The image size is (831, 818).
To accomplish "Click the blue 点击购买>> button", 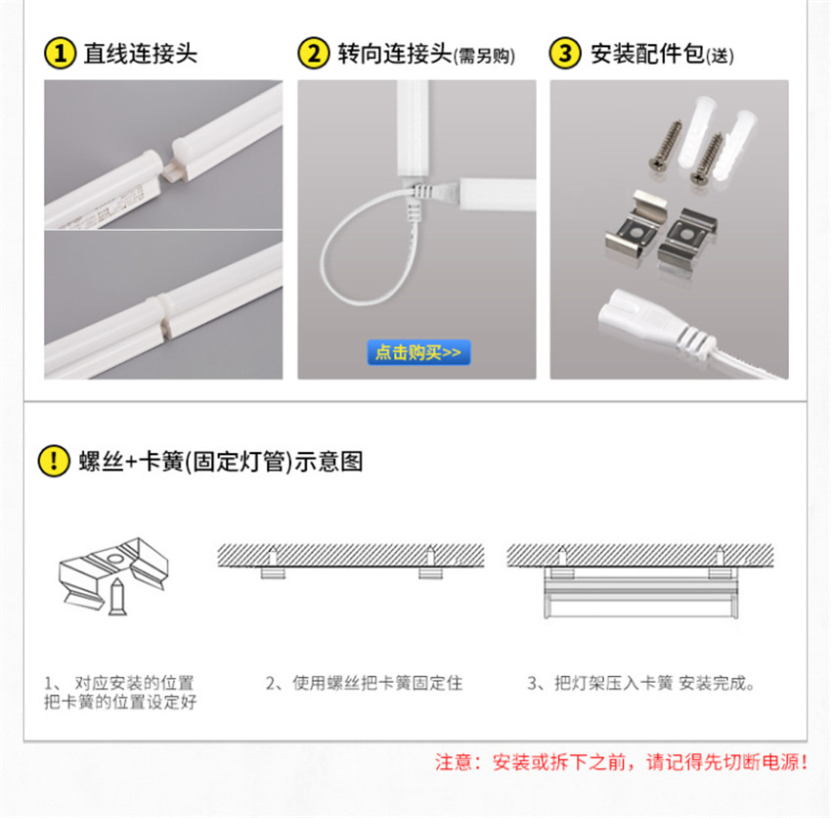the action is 418,352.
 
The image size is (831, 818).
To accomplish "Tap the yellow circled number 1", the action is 60,53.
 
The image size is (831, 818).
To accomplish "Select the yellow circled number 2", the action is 314,53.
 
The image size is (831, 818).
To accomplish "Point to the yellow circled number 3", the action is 565,53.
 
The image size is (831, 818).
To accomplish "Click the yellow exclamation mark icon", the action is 54,461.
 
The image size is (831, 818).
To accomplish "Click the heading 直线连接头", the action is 141,54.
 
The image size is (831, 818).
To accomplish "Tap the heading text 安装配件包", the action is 647,54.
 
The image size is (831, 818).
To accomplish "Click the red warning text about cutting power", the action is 621,762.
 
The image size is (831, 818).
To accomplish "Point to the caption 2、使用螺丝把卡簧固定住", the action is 364,683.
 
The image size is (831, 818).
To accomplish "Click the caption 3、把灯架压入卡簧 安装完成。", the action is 641,683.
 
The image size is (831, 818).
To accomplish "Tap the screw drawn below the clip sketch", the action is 117,597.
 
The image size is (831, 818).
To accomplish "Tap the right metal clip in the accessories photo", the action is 688,236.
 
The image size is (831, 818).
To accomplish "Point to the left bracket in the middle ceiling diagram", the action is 273,573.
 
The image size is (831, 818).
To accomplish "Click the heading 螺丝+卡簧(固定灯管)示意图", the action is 221,461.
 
